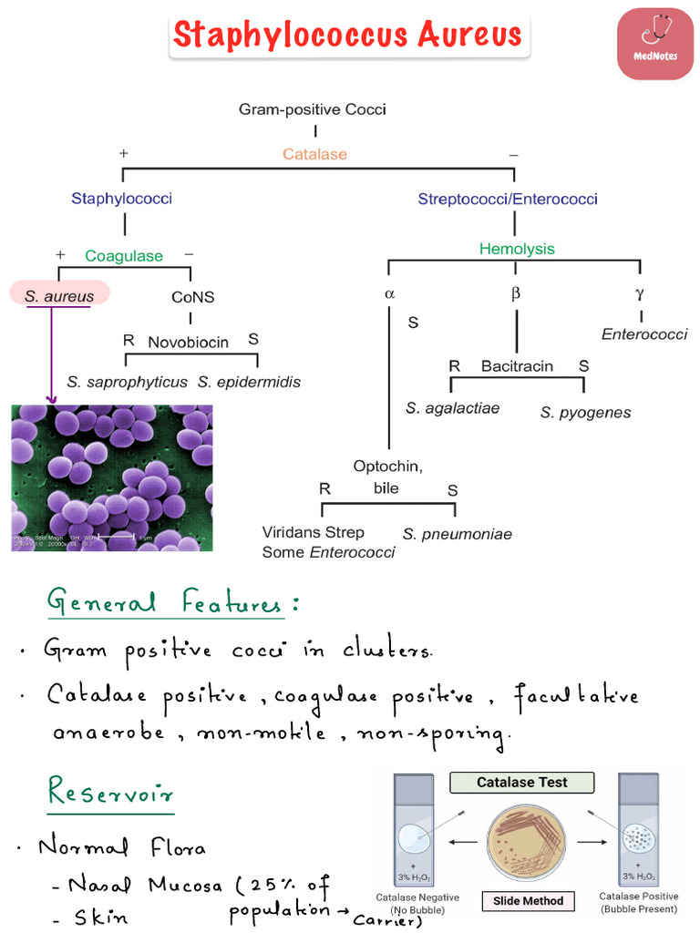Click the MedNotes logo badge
pos(654,43)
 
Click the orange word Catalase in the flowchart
pos(314,154)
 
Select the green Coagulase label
pos(124,256)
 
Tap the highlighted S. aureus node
pos(59,296)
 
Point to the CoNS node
pos(192,297)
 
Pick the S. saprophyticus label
pos(127,382)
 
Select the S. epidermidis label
pos(249,382)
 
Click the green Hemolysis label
pos(517,249)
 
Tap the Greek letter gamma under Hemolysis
pos(641,294)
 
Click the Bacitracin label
pos(517,366)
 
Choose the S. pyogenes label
pos(585,413)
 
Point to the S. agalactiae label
pos(453,408)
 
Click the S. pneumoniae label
pos(458,534)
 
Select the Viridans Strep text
pos(313,532)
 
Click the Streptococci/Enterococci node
pos(508,199)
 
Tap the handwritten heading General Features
pos(172,603)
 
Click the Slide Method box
pos(529,901)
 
